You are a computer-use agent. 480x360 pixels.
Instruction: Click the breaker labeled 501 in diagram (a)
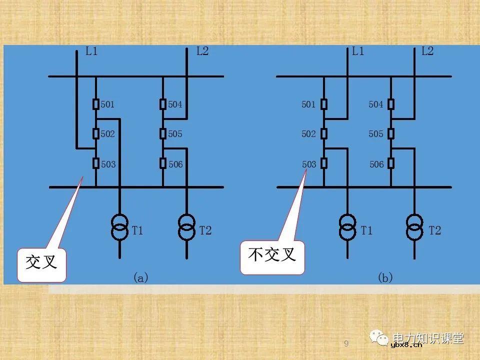(96, 104)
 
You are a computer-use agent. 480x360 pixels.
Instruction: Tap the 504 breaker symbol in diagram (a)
(163, 104)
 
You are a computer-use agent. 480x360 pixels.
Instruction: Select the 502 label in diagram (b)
(308, 134)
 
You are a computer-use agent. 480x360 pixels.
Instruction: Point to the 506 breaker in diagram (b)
(391, 163)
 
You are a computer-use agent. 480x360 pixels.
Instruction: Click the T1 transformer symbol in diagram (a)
(119, 227)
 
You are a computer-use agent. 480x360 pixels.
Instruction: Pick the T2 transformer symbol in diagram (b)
(414, 227)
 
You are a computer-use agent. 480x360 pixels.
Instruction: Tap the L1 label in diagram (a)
(91, 51)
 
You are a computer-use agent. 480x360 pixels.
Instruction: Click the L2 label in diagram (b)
(427, 51)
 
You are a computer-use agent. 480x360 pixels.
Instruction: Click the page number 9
(346, 343)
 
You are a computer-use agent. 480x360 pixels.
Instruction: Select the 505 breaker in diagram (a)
(163, 133)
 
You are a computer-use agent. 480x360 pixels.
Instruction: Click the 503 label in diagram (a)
(108, 164)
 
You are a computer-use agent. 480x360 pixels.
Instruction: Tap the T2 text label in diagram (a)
(205, 230)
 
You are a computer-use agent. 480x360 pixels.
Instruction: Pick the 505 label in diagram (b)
(376, 134)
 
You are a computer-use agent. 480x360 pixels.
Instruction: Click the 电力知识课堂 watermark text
(428, 338)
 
